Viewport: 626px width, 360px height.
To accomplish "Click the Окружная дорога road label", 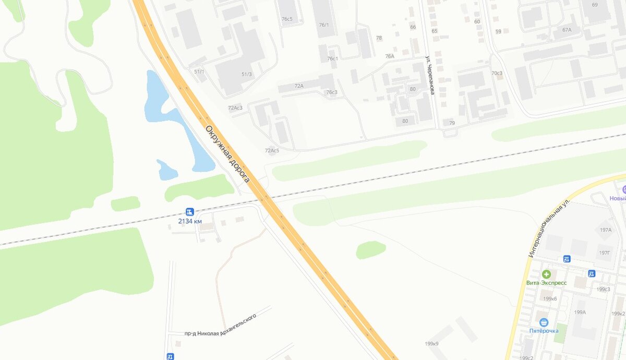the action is click(x=227, y=154).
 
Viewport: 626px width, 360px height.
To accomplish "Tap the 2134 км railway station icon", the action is click(x=189, y=212).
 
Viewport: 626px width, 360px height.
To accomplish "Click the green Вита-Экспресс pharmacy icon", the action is click(x=546, y=274).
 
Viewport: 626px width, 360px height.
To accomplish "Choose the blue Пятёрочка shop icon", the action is click(x=544, y=322).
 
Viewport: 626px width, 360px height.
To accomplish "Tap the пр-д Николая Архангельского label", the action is click(x=221, y=325).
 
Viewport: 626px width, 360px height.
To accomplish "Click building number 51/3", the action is click(x=246, y=74).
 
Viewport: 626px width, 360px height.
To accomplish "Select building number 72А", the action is click(x=299, y=86).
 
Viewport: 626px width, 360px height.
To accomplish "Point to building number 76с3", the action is click(x=332, y=92).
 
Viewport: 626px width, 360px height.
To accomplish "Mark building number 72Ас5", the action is click(x=272, y=151).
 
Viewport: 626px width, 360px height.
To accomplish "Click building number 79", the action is click(x=452, y=123).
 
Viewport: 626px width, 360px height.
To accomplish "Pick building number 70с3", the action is click(x=497, y=73).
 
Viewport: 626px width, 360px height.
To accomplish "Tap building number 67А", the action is click(x=567, y=30).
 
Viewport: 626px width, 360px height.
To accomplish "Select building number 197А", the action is click(x=606, y=230).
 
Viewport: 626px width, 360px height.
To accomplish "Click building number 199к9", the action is click(x=431, y=344).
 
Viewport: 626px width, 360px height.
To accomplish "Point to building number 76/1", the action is click(x=324, y=25).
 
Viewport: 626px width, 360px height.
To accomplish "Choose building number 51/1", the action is click(x=199, y=71).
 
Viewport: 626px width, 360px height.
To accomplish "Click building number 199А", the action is click(x=580, y=312).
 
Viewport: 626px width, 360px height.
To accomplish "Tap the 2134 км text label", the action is click(x=190, y=221).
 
